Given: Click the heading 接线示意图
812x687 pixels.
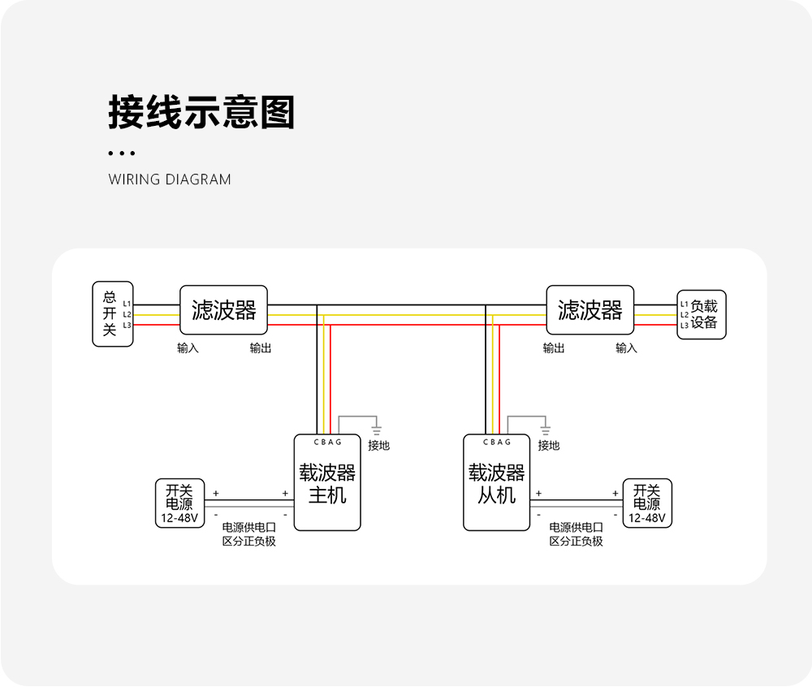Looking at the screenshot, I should point(201,113).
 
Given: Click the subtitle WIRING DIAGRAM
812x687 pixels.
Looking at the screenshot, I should point(170,179).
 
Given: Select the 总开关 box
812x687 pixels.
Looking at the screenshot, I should point(112,314).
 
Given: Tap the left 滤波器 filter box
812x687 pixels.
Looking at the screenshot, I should point(223,309).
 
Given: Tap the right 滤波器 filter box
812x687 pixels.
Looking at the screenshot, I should point(590,309).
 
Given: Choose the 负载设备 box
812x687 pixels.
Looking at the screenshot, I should point(703,314).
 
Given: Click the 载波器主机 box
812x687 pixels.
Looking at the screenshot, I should point(327,483).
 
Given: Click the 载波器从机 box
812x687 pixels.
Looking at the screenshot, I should point(496,483).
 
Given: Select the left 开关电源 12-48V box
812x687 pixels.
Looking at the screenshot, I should point(179,503).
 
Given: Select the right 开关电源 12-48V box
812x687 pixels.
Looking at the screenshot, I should point(647,503).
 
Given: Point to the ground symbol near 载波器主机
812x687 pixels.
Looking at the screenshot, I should point(376,428).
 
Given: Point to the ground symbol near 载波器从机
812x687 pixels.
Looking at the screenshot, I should point(546,428).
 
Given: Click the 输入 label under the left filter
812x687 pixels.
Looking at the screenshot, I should point(188,348).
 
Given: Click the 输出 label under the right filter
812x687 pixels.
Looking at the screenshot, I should point(554,348).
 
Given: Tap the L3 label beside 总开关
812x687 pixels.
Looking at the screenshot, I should point(127,325).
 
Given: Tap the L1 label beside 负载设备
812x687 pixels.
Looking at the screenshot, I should point(684,304).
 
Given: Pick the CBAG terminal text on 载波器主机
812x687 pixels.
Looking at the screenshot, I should point(327,443).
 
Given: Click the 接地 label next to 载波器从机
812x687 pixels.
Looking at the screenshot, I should point(549,445).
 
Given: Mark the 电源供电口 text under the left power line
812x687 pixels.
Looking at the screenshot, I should point(249,527).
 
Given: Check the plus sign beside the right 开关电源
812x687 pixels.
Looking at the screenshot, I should point(615,493).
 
